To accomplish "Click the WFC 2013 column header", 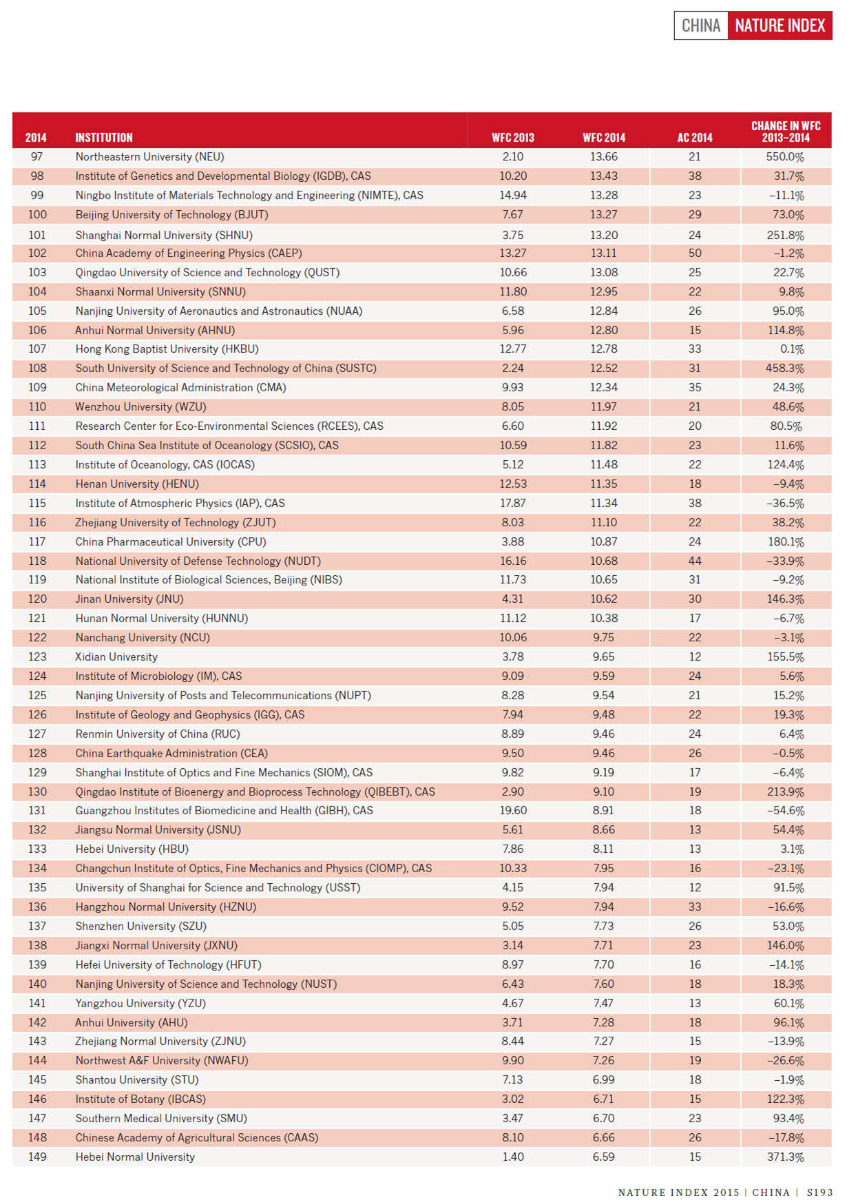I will (x=512, y=138).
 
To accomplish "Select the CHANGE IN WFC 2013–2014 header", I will (x=785, y=132).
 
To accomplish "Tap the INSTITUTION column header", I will (x=104, y=138).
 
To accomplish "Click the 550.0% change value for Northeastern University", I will (x=785, y=157).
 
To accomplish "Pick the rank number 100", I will (x=37, y=215).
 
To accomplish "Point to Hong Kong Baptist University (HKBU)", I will (x=167, y=349).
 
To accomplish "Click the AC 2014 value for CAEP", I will (x=695, y=254).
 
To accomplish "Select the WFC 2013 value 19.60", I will (x=512, y=811).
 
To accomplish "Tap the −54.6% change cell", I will (x=786, y=811).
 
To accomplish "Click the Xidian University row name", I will (x=116, y=657).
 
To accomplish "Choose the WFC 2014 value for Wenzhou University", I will (x=603, y=407).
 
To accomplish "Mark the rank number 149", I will (x=37, y=1157).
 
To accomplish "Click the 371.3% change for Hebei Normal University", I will (x=785, y=1157).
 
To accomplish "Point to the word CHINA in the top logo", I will (x=700, y=26).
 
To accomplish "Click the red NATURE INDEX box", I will (x=780, y=26).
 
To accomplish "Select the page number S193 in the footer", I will (x=819, y=1192).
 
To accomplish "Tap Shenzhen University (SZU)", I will (x=140, y=927).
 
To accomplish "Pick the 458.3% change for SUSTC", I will (x=785, y=369).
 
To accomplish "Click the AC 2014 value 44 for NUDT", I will (x=695, y=561).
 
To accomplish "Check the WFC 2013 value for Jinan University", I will (x=512, y=599).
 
